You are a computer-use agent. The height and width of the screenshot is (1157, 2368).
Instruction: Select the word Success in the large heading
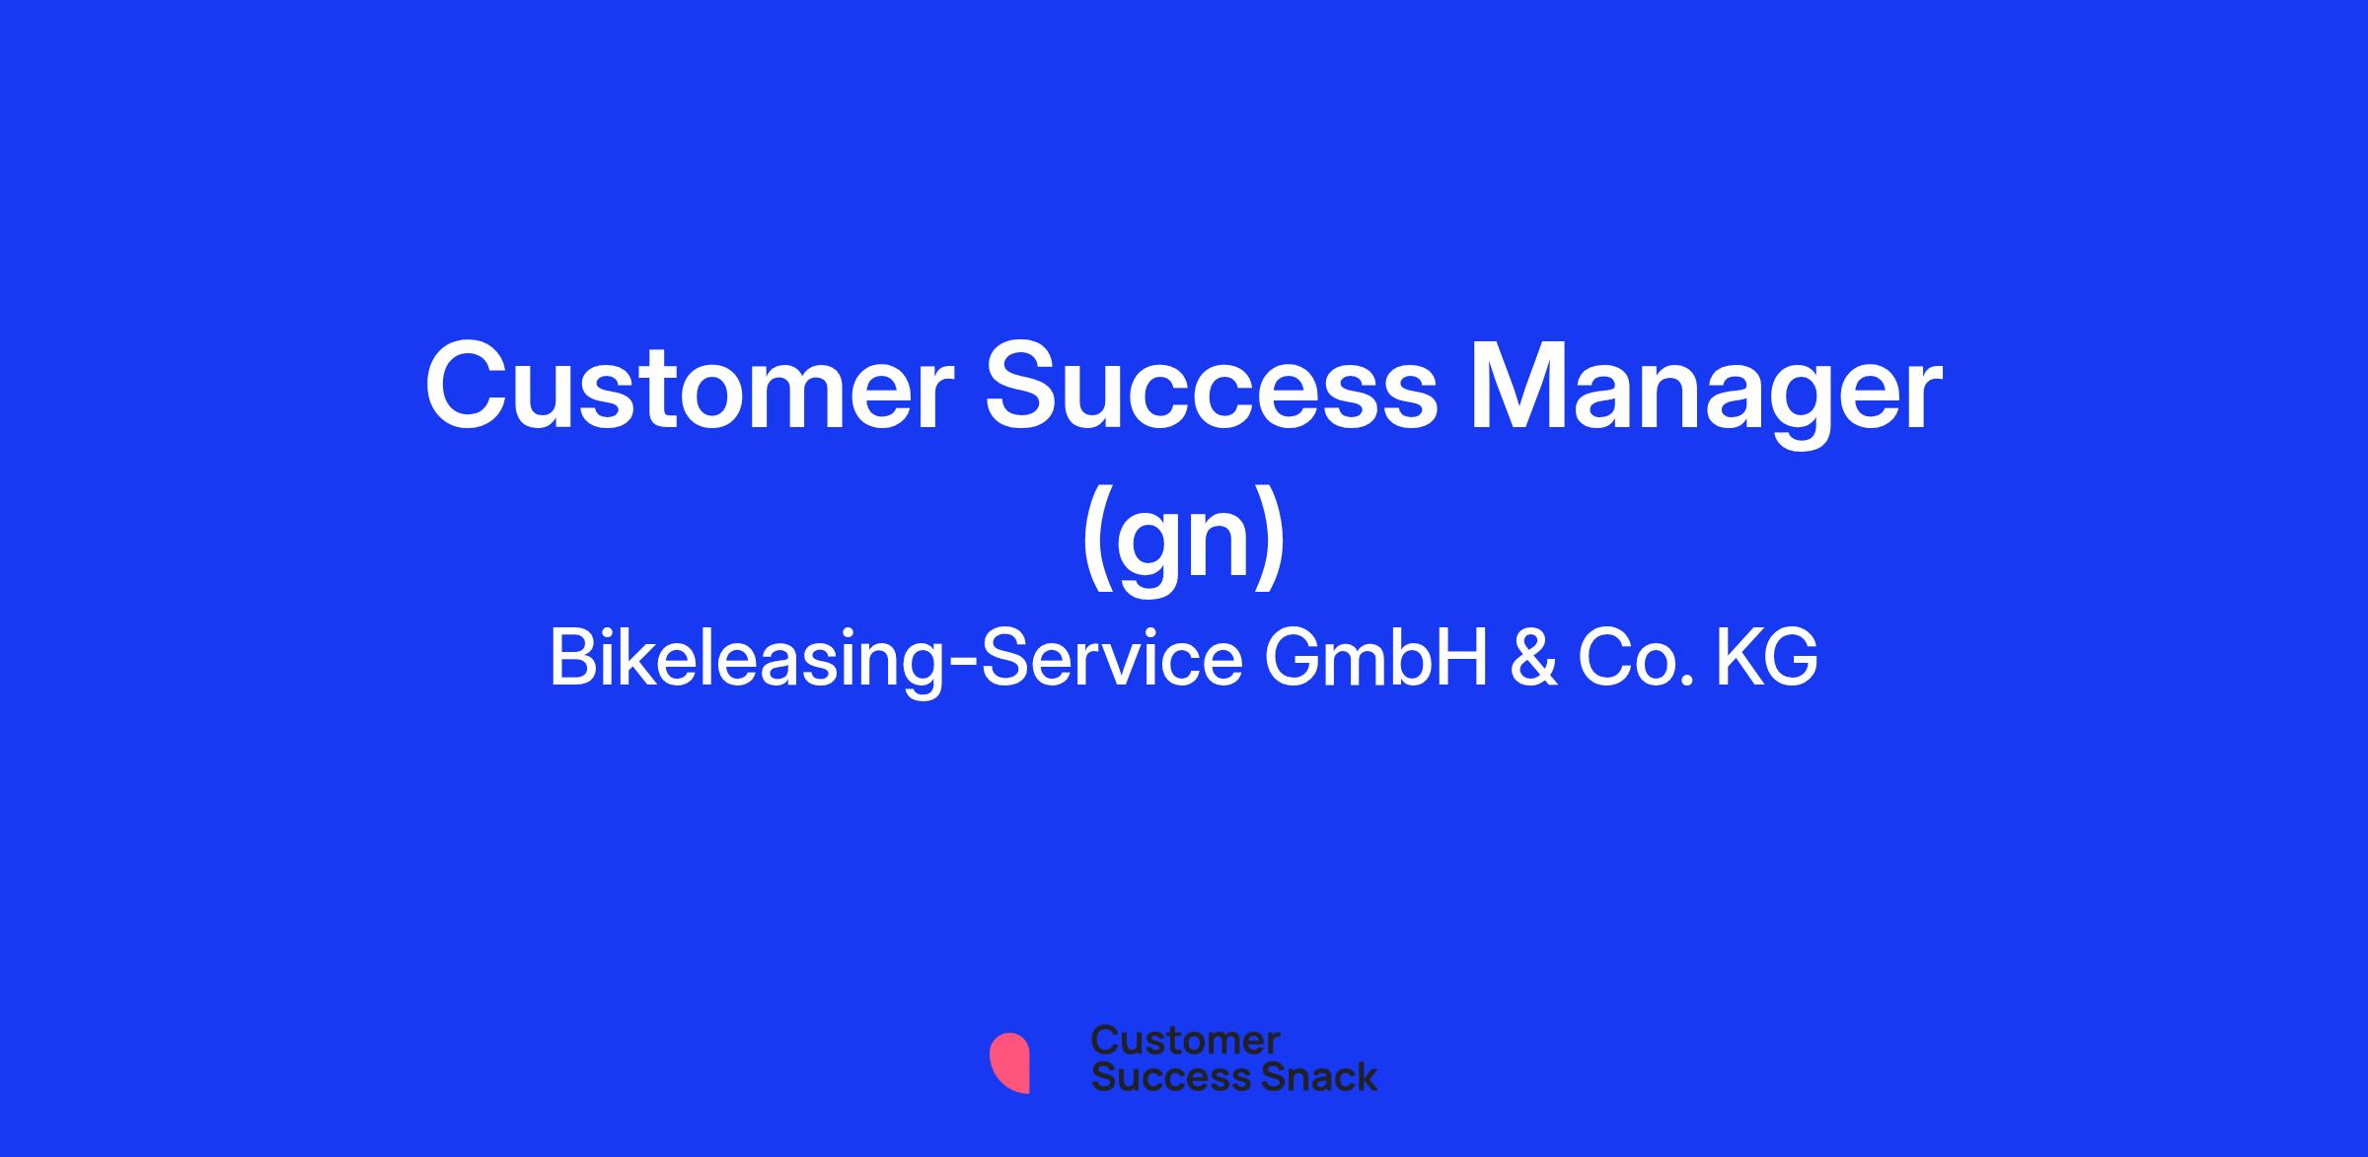1212,387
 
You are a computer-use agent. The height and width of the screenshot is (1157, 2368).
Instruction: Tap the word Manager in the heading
1706,394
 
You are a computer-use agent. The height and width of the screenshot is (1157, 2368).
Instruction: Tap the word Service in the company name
1112,658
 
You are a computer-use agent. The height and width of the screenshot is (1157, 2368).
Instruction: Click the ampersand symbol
1533,658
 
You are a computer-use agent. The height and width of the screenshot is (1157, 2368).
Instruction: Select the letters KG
1767,658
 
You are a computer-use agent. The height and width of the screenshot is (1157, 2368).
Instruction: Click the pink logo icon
1009,1062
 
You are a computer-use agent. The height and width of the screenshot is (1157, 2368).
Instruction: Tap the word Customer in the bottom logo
1186,1041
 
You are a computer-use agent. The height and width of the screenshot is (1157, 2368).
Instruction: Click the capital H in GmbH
1464,658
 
